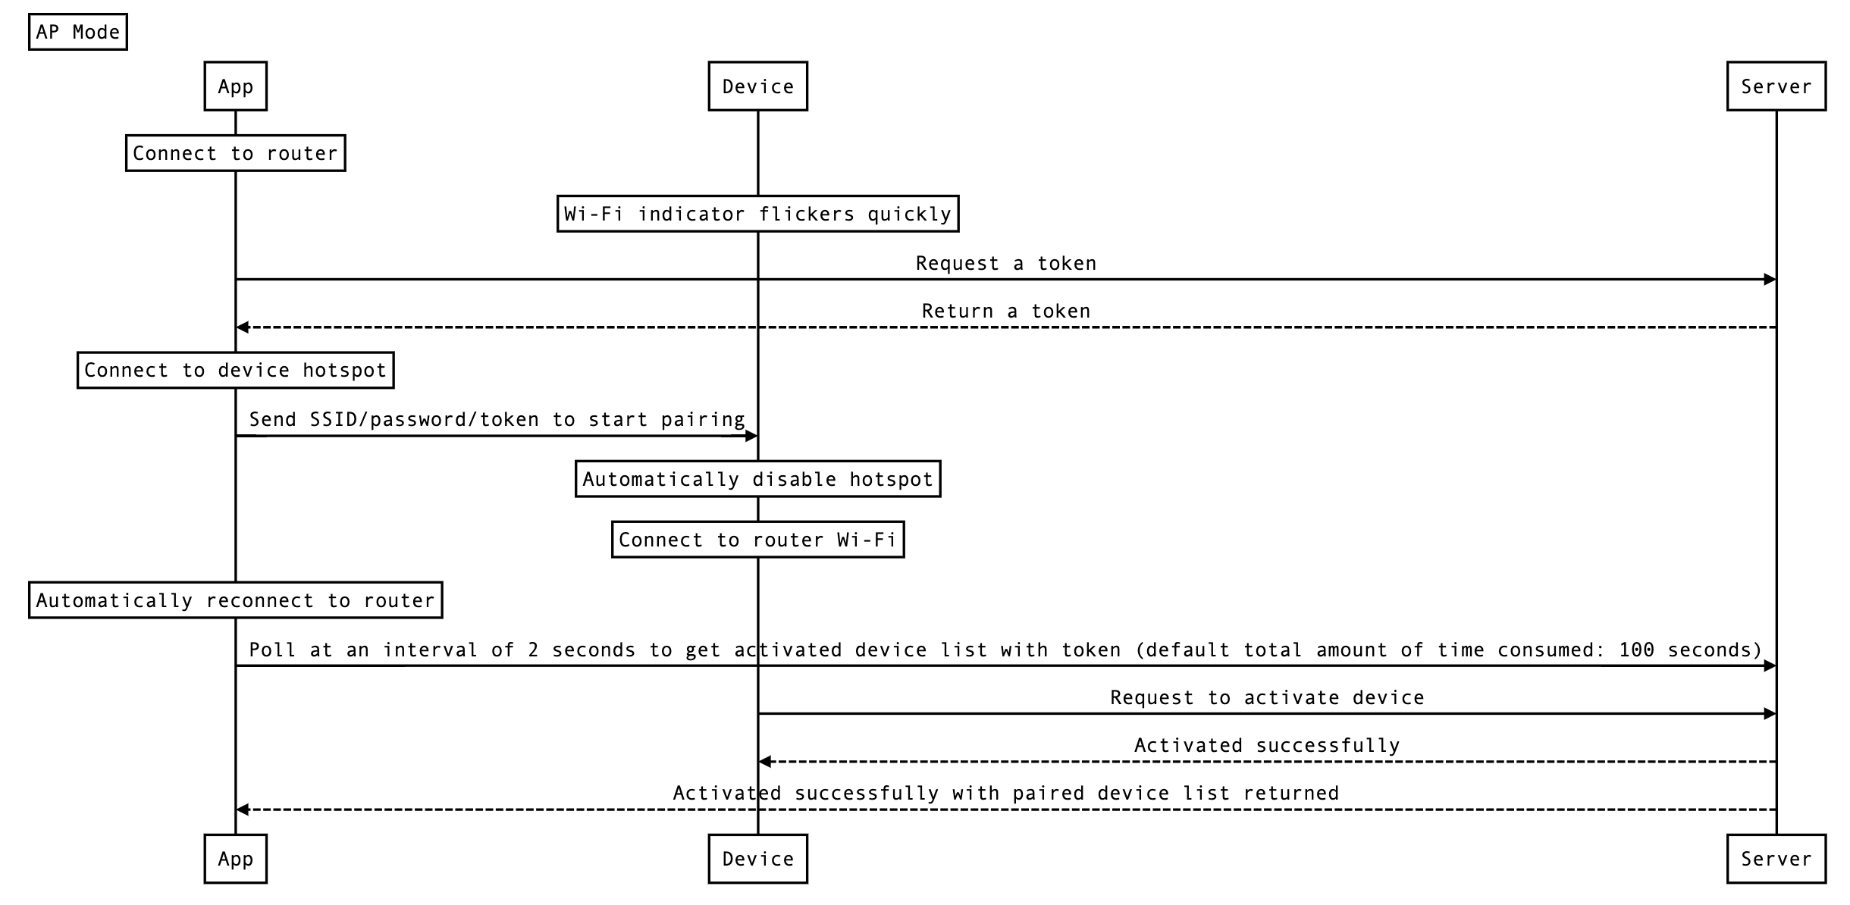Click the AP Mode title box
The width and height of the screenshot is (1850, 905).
(77, 32)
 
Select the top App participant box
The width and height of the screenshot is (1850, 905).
(235, 86)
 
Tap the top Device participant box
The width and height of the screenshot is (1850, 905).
(757, 86)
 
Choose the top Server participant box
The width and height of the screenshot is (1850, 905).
(1776, 86)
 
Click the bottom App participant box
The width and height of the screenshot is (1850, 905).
(235, 859)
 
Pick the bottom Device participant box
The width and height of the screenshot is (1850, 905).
(757, 859)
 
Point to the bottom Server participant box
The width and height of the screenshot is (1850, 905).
(1776, 859)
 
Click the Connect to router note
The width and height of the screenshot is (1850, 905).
(235, 153)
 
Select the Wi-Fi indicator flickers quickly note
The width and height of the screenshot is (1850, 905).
(757, 214)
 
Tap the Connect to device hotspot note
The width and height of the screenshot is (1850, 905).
(235, 370)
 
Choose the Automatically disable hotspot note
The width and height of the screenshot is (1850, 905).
(757, 479)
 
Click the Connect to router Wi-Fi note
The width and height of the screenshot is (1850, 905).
(757, 540)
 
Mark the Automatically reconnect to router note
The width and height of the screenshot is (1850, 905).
(235, 600)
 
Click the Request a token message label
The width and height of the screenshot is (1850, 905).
(1005, 263)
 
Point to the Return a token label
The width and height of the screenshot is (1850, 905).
(1005, 311)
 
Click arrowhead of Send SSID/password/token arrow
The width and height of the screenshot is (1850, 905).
(751, 436)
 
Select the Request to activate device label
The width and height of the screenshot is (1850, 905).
(1267, 697)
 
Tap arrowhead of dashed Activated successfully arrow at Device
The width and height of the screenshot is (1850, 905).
(765, 762)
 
